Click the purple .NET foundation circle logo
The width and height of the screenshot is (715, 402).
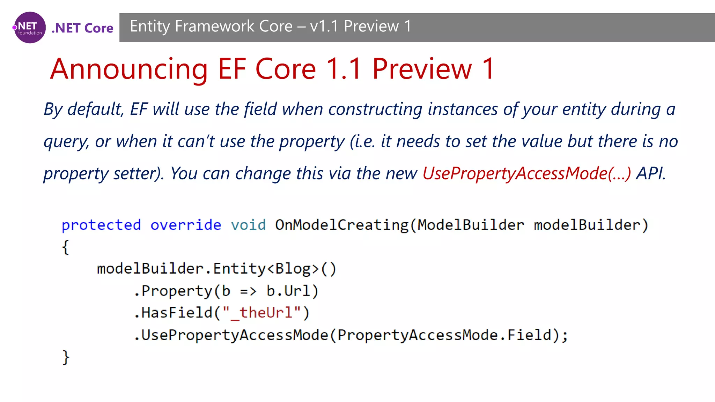pyautogui.click(x=30, y=28)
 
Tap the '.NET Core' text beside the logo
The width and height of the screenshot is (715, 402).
pyautogui.click(x=82, y=28)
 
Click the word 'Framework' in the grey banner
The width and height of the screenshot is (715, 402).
pyautogui.click(x=214, y=27)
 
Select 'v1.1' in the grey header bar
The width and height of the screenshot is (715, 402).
pyautogui.click(x=324, y=27)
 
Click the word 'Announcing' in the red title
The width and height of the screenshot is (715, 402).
pyautogui.click(x=129, y=69)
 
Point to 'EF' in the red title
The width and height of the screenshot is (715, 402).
pyautogui.click(x=232, y=69)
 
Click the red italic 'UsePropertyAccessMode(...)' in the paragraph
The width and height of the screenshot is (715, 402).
pyautogui.click(x=526, y=173)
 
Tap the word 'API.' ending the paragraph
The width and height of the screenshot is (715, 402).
pyautogui.click(x=651, y=173)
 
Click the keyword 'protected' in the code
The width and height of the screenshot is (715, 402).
pyautogui.click(x=101, y=225)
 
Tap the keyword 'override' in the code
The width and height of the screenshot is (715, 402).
pyautogui.click(x=186, y=225)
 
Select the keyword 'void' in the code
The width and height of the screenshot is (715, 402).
pyautogui.click(x=248, y=225)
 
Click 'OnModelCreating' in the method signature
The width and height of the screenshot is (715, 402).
pyautogui.click(x=341, y=225)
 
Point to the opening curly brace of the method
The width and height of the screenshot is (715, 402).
pyautogui.click(x=66, y=247)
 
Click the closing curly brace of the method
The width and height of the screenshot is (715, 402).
pyautogui.click(x=66, y=357)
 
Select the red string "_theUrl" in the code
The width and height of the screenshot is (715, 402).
pyautogui.click(x=262, y=313)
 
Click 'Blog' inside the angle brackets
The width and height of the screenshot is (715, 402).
pyautogui.click(x=293, y=269)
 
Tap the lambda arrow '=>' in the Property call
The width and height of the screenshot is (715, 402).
pyautogui.click(x=248, y=291)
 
